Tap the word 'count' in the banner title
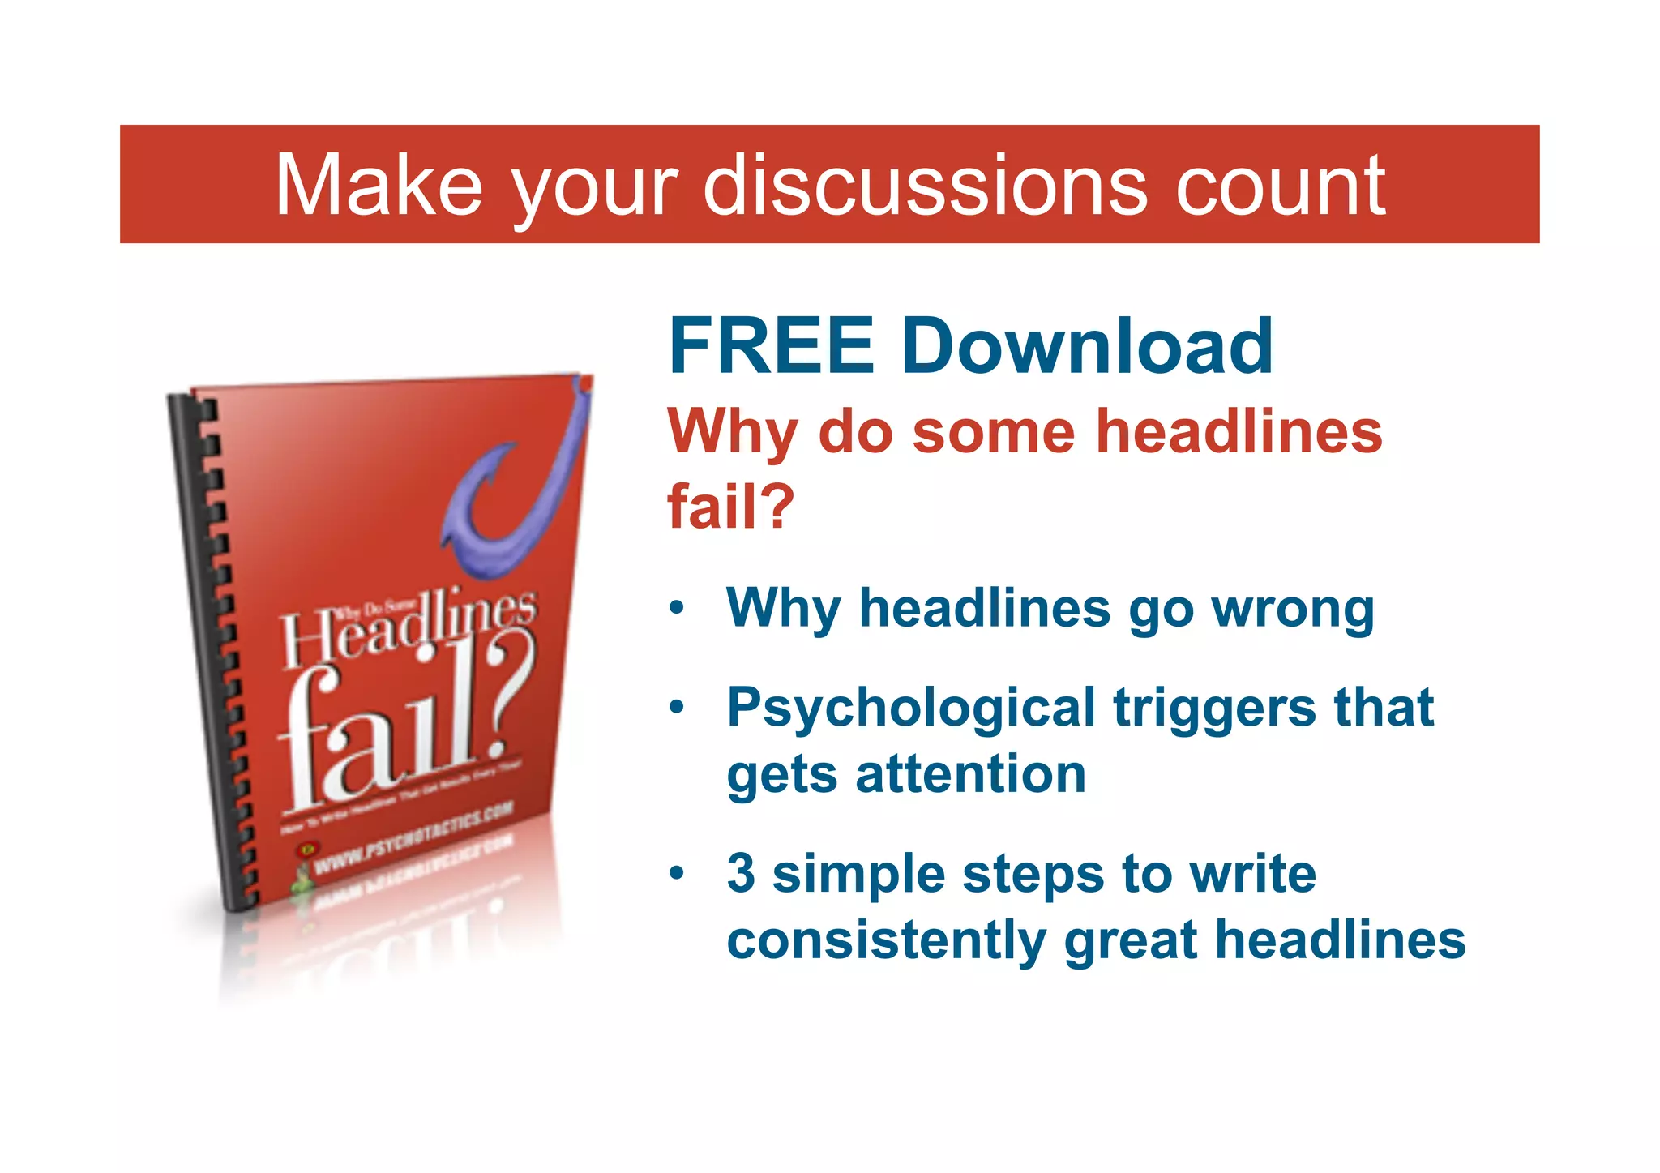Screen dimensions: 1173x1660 1280,188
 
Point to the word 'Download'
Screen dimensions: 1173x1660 1086,346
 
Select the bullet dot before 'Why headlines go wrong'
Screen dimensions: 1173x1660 677,609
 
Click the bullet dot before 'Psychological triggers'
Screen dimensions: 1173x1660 677,708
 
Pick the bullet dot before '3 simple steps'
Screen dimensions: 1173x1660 677,874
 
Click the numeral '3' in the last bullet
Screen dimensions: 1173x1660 741,874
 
